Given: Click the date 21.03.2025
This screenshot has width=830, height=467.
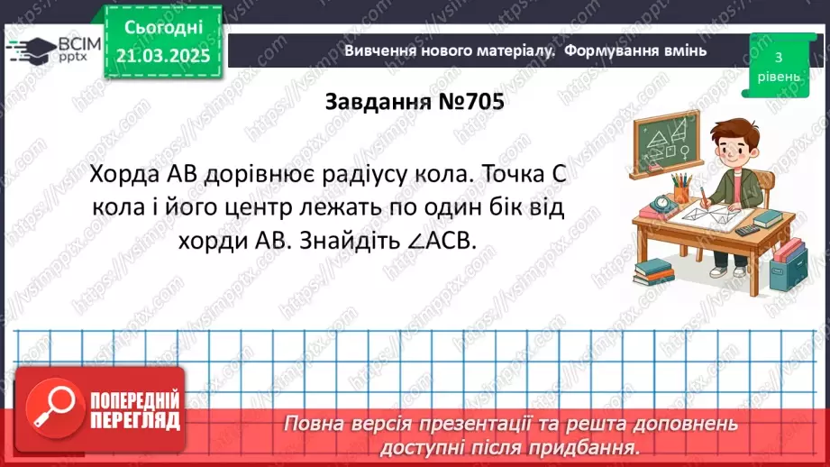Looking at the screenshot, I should click(x=161, y=56).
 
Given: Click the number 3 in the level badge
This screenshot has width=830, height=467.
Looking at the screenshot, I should click(x=779, y=57).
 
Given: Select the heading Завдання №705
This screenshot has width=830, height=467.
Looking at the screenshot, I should click(x=415, y=103).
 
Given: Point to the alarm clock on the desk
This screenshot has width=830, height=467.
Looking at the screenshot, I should click(x=661, y=204).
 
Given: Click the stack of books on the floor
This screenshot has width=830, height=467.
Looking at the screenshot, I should click(x=653, y=271).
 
